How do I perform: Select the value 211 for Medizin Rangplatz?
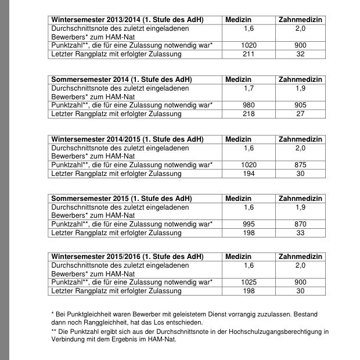pos(249,54)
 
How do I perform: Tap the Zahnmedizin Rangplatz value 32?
pos(300,54)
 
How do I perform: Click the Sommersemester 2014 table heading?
pos(122,80)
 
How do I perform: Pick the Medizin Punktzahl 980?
pos(249,105)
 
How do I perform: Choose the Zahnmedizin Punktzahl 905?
pos(300,105)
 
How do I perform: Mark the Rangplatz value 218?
pos(249,114)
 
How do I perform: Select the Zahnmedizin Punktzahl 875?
pos(300,165)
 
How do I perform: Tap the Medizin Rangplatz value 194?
pos(249,174)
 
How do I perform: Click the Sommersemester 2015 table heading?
pos(122,199)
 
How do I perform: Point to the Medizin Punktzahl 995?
pos(249,224)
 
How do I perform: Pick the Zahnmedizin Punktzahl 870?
pos(300,224)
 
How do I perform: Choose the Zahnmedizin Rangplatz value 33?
pos(300,233)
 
